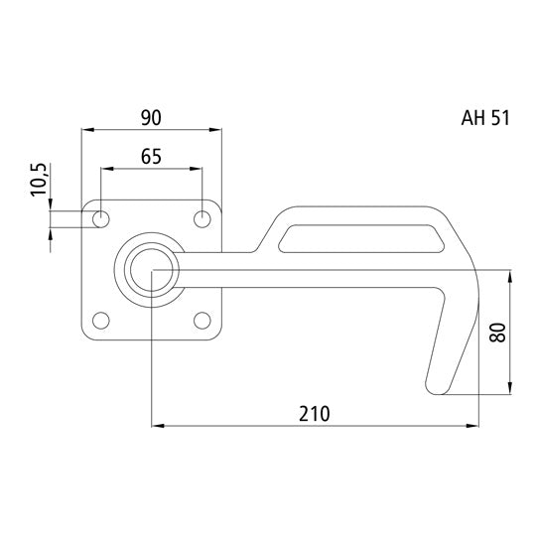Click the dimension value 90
pyautogui.click(x=150, y=117)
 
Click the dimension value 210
pyautogui.click(x=314, y=412)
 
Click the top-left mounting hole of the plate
pyautogui.click(x=100, y=217)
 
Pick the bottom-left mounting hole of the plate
pyautogui.click(x=100, y=320)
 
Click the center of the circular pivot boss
pyautogui.click(x=151, y=268)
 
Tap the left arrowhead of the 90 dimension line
pyautogui.click(x=85, y=129)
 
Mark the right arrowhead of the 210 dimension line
pyautogui.click(x=471, y=428)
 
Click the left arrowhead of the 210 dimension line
pyautogui.click(x=156, y=428)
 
